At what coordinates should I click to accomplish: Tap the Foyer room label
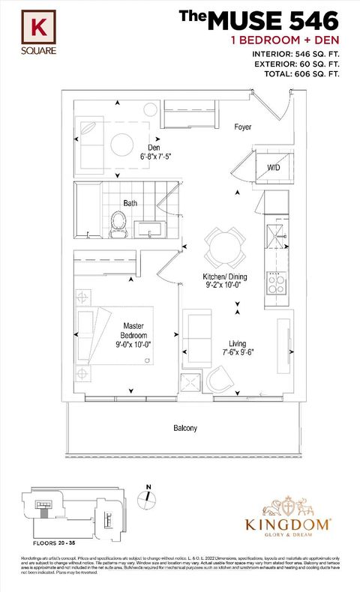[241, 127]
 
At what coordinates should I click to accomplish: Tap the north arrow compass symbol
[148, 498]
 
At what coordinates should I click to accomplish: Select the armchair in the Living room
[220, 378]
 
